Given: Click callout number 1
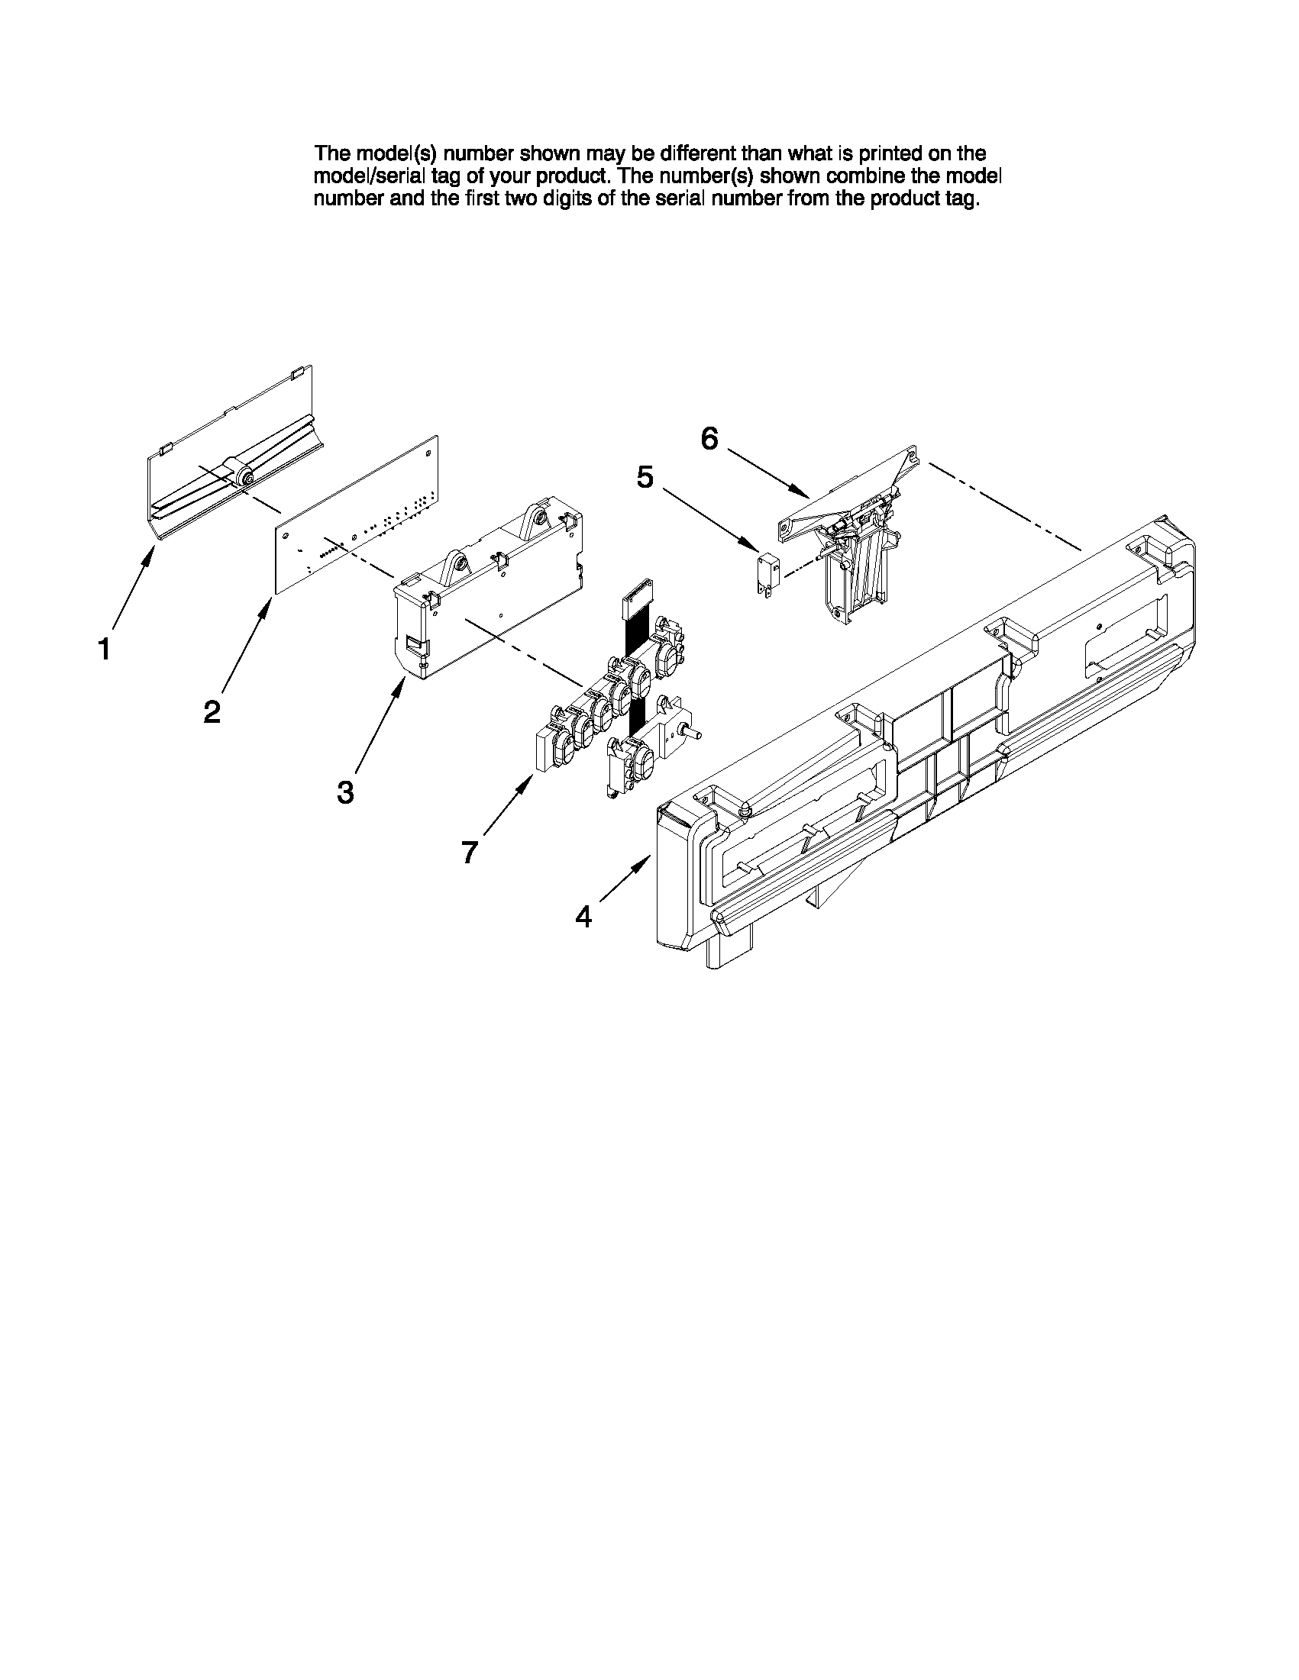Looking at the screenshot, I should [x=105, y=650].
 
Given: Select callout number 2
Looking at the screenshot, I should [x=212, y=711].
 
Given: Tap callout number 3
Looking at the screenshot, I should [x=345, y=792].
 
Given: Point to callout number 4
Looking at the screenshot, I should [x=584, y=915].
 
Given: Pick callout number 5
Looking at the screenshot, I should [x=645, y=478].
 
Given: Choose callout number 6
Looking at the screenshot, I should [x=709, y=439].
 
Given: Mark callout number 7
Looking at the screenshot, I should [x=470, y=853].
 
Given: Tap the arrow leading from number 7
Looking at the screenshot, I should [x=508, y=808].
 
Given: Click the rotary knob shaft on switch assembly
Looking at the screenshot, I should [x=696, y=734].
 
